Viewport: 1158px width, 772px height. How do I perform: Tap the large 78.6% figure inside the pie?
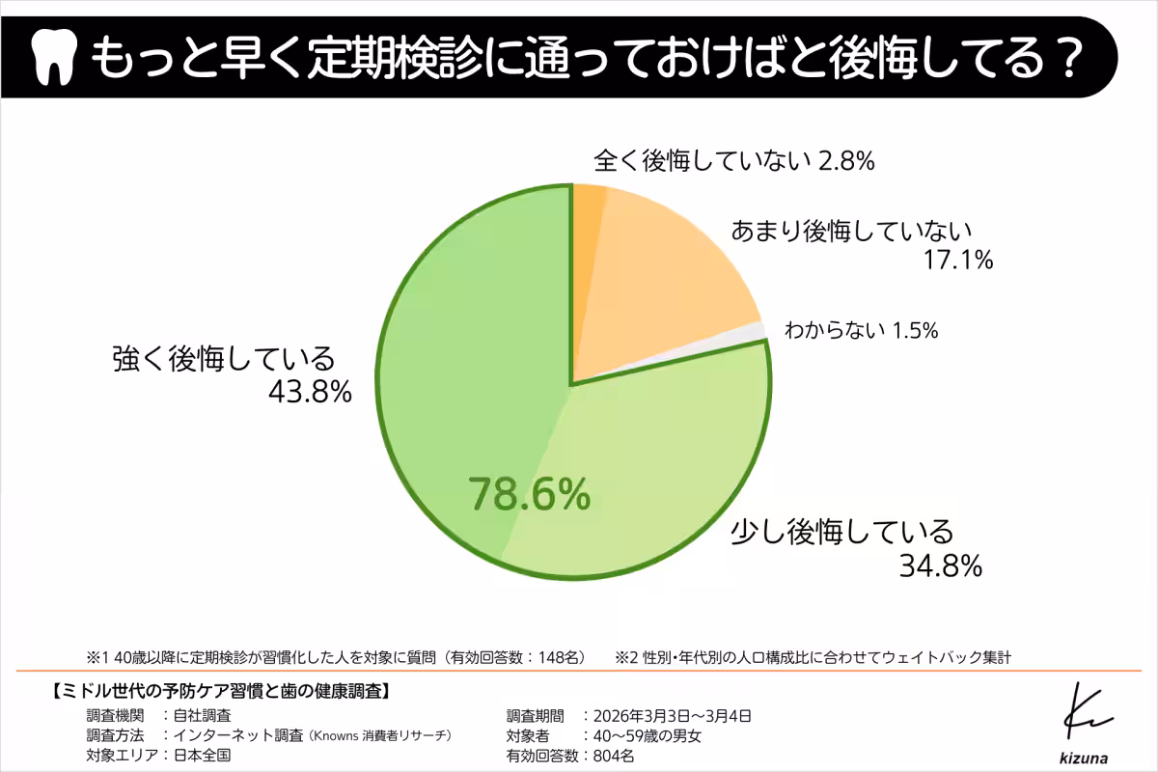tap(529, 494)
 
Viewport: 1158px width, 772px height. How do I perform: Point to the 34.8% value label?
tap(940, 565)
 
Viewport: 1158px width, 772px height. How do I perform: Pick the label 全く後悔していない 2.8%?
tap(733, 161)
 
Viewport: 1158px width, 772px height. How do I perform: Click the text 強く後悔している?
tap(223, 358)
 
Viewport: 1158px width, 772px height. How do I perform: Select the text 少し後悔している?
tap(841, 531)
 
